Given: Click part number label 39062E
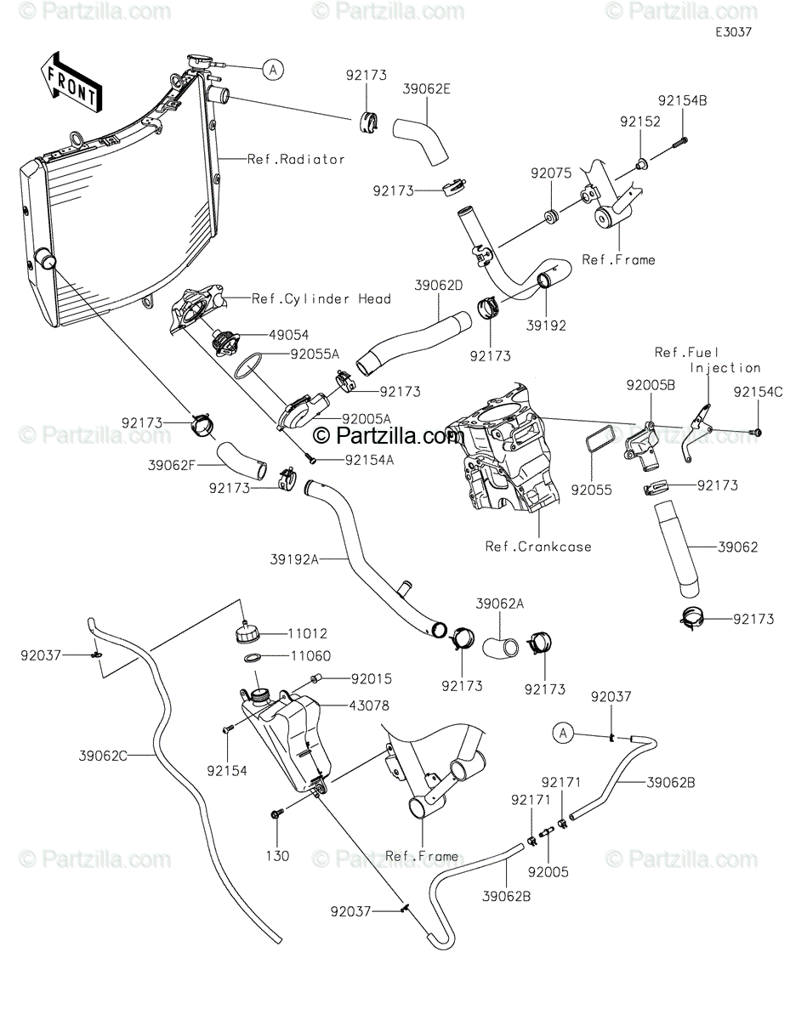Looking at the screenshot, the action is coord(426,88).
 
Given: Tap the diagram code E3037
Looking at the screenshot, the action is coord(733,32).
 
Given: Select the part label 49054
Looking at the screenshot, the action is coord(289,335).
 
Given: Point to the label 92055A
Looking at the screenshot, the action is coord(315,354).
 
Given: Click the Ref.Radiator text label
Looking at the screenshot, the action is coord(296,159).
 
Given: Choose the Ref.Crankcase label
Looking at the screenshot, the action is coord(538,547).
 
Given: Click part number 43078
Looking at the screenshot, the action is coord(369,705).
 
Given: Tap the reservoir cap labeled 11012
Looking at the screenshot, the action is coord(246,632).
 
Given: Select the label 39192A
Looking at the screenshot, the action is coord(294,559).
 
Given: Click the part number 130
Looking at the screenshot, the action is coord(277,856).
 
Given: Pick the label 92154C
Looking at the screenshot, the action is coord(758,392).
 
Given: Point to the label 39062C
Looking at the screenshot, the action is coord(103,756).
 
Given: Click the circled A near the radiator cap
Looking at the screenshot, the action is coord(273,70).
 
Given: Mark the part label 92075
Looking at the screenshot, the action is coord(551,173).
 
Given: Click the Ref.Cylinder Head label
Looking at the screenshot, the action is coord(321,299).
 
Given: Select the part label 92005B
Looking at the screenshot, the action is coord(651,385).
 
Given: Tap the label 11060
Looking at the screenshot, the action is coord(310,655).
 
